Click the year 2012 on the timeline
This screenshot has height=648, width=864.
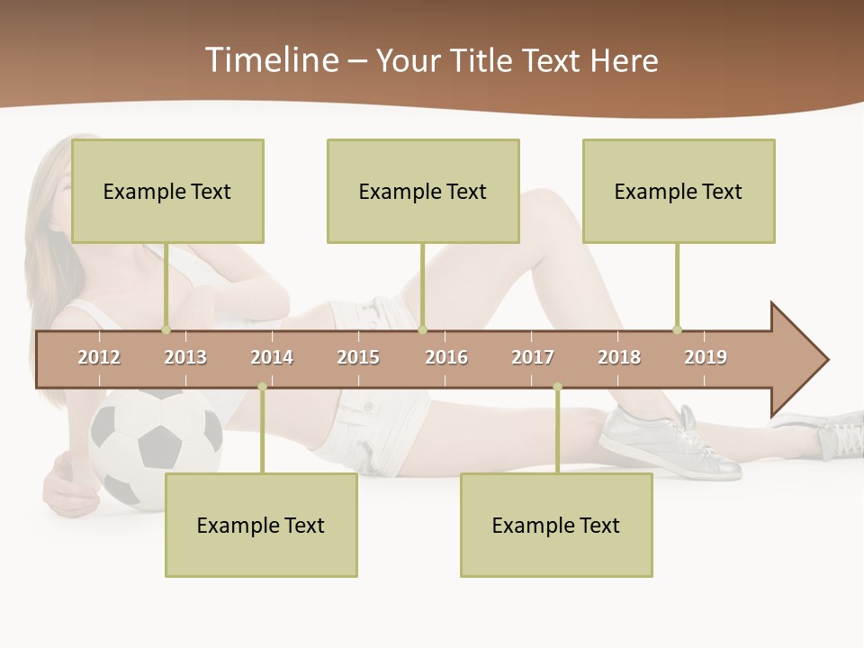coord(99,357)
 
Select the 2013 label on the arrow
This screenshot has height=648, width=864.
coord(185,357)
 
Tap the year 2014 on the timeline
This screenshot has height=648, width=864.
coord(272,357)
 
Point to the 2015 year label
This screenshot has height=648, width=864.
coord(358,357)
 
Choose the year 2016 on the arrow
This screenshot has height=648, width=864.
coord(446,357)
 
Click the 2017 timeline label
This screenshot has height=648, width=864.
coord(533,357)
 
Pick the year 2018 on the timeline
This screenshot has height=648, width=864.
coord(619,357)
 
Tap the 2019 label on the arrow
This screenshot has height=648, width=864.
coord(706,357)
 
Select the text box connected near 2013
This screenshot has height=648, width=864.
coord(167,191)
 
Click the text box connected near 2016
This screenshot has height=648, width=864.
coord(423,191)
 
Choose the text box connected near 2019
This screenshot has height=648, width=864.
coord(679,191)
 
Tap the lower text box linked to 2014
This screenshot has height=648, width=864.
coord(261,525)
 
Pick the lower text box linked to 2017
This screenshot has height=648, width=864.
coord(556,525)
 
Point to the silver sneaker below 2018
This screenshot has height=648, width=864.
coord(670,441)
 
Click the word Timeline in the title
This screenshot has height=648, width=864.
coord(271,60)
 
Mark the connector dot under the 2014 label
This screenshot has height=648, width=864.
coord(262,387)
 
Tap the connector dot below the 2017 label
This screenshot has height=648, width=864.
coord(557,387)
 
